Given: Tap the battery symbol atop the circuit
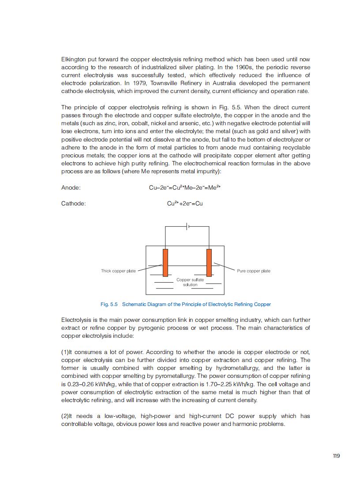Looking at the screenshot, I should tap(188, 227).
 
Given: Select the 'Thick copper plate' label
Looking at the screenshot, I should tap(118, 271).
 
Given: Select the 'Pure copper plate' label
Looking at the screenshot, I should tap(254, 271).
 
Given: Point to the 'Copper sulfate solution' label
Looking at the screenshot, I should tap(190, 282).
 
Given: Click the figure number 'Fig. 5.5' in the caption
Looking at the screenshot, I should tap(109, 304).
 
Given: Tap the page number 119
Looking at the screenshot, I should tap(336, 456).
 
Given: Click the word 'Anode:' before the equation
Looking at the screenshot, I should tap(71, 187).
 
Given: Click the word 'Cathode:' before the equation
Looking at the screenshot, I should tap(73, 203).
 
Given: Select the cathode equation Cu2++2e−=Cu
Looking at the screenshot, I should tap(185, 203).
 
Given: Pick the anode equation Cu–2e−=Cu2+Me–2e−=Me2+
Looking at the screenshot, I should tap(185, 187).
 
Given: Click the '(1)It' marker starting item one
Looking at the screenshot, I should tap(67, 352).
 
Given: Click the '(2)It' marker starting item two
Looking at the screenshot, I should tap(67, 416).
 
